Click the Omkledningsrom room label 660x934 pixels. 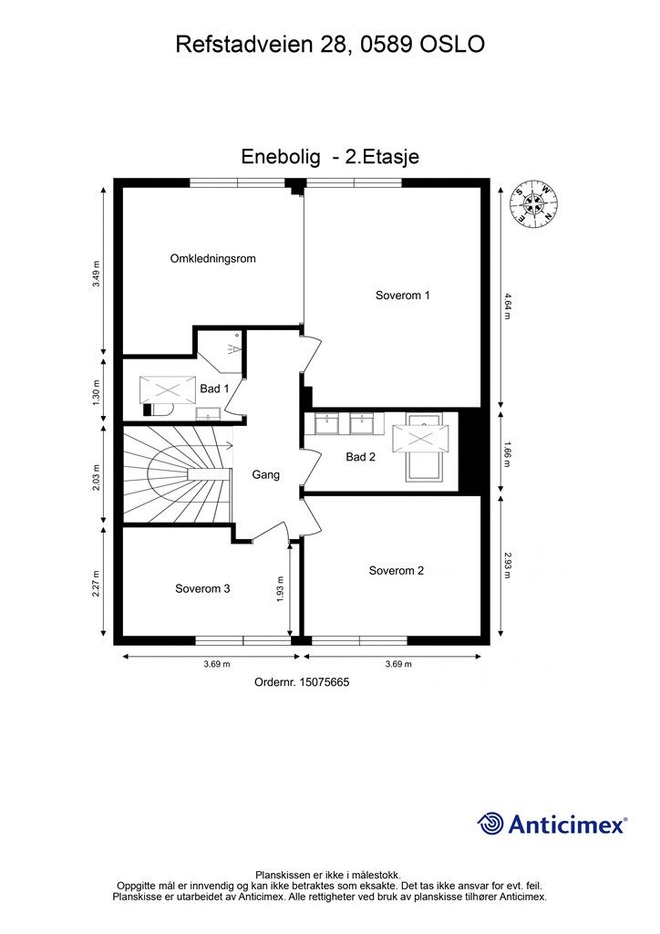pos(212,258)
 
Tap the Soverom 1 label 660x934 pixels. pos(402,295)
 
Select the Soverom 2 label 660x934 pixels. pos(396,571)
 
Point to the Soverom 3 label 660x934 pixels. pos(202,588)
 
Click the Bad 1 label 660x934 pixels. pos(214,389)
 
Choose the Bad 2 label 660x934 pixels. pos(361,457)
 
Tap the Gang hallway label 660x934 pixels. pos(265,474)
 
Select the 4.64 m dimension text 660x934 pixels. pos(507,306)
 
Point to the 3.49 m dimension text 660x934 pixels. pos(97,275)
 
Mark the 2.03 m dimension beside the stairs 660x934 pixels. pos(97,475)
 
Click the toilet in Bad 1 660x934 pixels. pos(159,410)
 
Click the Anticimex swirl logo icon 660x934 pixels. pos(490,824)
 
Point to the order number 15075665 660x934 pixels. pos(302,682)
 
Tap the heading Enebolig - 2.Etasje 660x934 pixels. pos(330,157)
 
